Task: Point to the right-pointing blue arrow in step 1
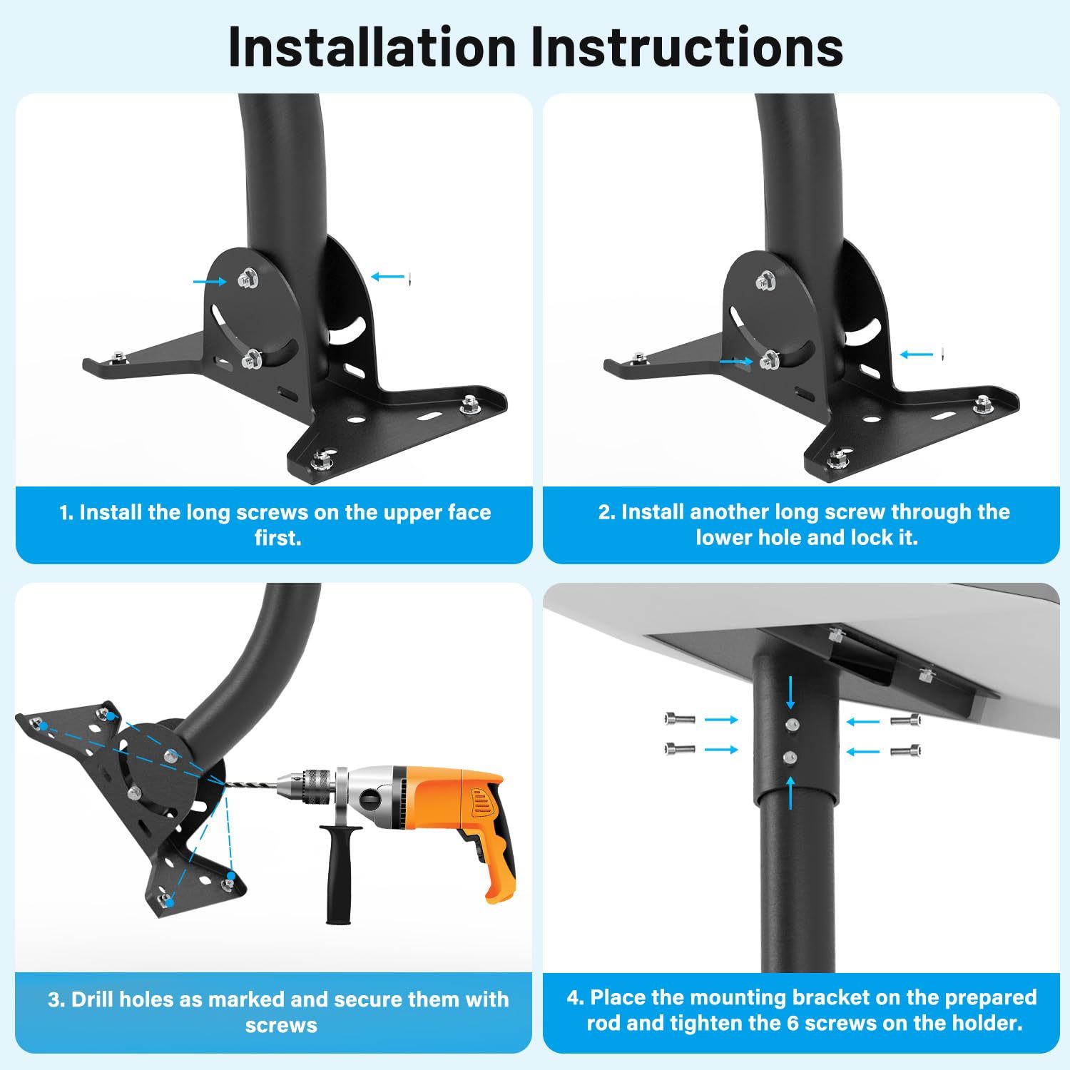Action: (x=210, y=282)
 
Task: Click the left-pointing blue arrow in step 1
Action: (x=387, y=277)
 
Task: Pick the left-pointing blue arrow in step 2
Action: (x=917, y=354)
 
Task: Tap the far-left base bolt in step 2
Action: (x=638, y=357)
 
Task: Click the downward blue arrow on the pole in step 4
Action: (x=790, y=691)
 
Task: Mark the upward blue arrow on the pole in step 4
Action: (x=790, y=792)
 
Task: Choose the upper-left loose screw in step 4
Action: (x=679, y=719)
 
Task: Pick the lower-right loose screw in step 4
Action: (x=905, y=750)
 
